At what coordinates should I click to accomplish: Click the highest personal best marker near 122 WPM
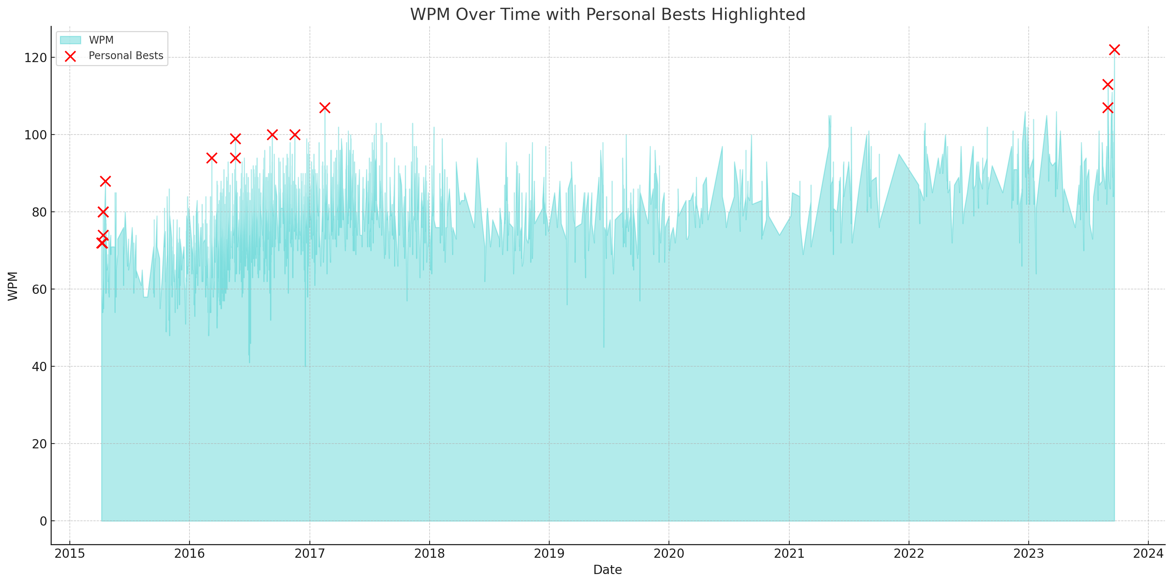click(x=1114, y=50)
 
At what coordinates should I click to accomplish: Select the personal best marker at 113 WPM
click(x=1107, y=84)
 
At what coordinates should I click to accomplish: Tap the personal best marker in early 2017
click(x=324, y=108)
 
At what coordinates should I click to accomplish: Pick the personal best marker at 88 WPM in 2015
click(x=105, y=181)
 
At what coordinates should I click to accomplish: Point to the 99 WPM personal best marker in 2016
click(x=235, y=139)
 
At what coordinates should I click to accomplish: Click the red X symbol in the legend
click(x=71, y=56)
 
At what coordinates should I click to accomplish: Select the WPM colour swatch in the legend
click(x=71, y=40)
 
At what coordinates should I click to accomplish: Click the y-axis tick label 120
click(x=35, y=58)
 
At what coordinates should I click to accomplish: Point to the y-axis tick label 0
click(x=43, y=521)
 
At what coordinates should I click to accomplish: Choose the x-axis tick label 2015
click(x=69, y=553)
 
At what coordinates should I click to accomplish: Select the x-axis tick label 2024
click(x=1148, y=553)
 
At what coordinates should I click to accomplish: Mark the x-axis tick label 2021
click(x=789, y=553)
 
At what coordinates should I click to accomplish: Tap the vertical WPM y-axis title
click(x=13, y=286)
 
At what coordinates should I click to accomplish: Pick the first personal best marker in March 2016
click(x=212, y=158)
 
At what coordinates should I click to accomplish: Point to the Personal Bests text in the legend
click(x=126, y=55)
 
